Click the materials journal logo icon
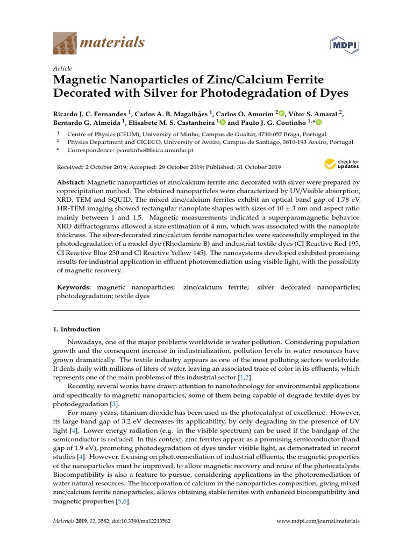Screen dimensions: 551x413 click(x=65, y=43)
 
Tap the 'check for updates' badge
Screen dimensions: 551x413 click(x=341, y=165)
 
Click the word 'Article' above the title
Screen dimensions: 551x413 click(x=62, y=68)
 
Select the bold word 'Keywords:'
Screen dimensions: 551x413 click(x=74, y=288)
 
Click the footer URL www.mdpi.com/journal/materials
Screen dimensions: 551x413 click(x=317, y=521)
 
